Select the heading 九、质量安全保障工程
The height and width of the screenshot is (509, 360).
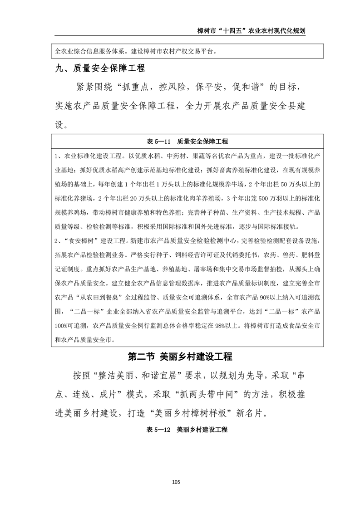pyautogui.click(x=99, y=69)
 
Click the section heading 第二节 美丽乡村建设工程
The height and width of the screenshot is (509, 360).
pyautogui.click(x=180, y=357)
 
